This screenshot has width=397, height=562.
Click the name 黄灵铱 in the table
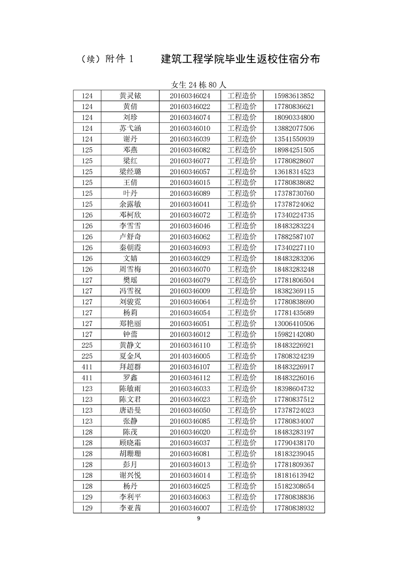(x=130, y=96)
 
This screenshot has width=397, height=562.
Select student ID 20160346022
(x=190, y=107)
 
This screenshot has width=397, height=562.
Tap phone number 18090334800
(x=294, y=117)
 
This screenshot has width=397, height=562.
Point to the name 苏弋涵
(x=130, y=128)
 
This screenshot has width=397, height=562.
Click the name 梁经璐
(x=130, y=172)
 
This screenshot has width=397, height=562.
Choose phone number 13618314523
(x=294, y=172)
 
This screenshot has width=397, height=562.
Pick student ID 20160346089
(x=190, y=193)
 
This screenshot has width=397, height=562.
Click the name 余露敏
(x=130, y=204)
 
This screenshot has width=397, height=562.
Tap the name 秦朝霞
(x=130, y=247)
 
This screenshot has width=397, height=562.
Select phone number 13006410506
(x=294, y=324)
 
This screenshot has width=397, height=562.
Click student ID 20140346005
(x=190, y=356)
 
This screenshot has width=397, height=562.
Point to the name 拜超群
(x=130, y=367)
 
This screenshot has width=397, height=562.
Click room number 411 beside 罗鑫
(x=87, y=378)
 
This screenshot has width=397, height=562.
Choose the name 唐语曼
(x=130, y=410)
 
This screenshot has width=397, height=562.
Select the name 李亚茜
(x=130, y=508)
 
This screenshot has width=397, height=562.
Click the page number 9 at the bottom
(x=199, y=518)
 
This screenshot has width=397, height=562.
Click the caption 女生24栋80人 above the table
(x=199, y=85)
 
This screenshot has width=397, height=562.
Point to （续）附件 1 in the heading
(x=107, y=59)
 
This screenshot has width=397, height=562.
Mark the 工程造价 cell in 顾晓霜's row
(x=242, y=443)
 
